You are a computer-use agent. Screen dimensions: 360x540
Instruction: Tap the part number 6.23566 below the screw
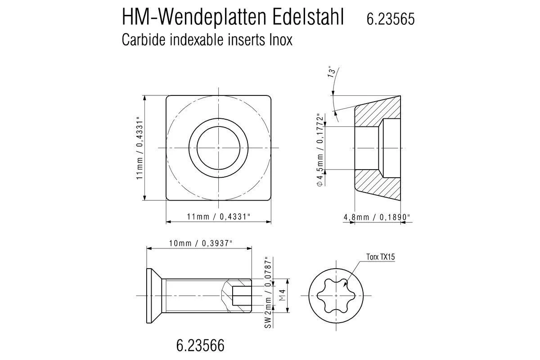coord(200,346)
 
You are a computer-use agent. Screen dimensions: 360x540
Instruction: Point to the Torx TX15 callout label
coord(380,257)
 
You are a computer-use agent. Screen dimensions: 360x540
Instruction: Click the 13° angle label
coord(332,73)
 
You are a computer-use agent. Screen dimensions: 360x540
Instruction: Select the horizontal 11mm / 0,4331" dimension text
coord(219,216)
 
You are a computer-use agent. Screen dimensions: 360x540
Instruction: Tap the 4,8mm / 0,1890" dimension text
coord(377,217)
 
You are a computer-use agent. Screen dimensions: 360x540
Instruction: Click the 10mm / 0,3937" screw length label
coord(201,243)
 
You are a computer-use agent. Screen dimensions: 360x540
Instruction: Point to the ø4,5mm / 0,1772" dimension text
coord(320,149)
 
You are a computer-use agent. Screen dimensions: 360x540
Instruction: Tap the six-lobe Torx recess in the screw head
coord(336,295)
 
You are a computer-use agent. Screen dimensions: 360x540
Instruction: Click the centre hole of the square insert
coord(218,148)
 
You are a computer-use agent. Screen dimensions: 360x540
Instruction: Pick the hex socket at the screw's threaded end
coord(241,295)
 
